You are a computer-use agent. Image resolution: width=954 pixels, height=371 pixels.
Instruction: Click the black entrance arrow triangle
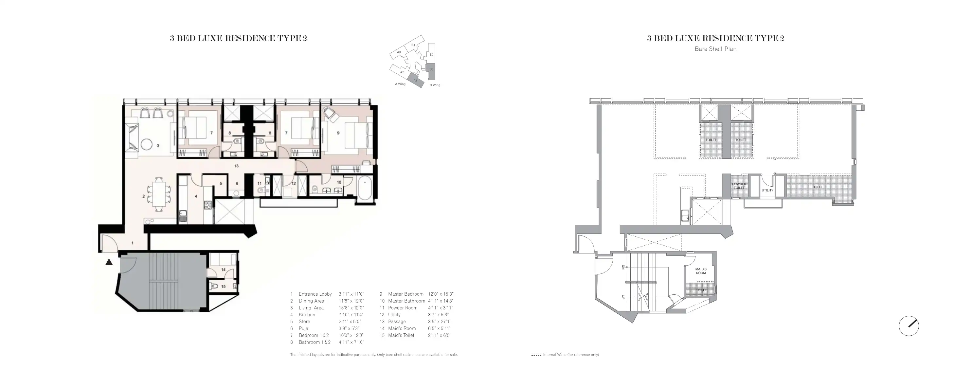click(x=109, y=262)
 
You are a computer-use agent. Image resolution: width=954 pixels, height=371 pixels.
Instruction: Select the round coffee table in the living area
click(x=147, y=144)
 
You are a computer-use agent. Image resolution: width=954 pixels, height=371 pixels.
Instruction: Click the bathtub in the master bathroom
click(x=365, y=189)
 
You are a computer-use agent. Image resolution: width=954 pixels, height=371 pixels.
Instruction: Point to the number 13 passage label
click(x=236, y=166)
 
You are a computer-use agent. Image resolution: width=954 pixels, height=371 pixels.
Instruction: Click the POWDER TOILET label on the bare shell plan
click(x=739, y=186)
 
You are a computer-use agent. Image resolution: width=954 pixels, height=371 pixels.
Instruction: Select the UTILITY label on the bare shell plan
click(x=767, y=191)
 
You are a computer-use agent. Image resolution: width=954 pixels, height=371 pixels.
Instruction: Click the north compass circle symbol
click(x=909, y=326)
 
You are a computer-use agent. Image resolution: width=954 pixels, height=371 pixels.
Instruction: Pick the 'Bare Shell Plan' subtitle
click(x=715, y=49)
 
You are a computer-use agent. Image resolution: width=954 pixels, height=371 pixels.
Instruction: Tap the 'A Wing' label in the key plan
click(x=400, y=84)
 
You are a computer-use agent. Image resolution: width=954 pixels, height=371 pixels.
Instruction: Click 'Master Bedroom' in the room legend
click(x=405, y=294)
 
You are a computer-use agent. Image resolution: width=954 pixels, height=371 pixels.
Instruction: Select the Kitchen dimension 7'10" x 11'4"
click(x=351, y=315)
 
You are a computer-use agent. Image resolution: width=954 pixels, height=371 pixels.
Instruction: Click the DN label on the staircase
click(x=623, y=267)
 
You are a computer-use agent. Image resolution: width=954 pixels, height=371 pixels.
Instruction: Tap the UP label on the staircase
click(x=623, y=297)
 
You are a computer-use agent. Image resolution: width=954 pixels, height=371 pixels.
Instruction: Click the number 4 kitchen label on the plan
click(x=196, y=196)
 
